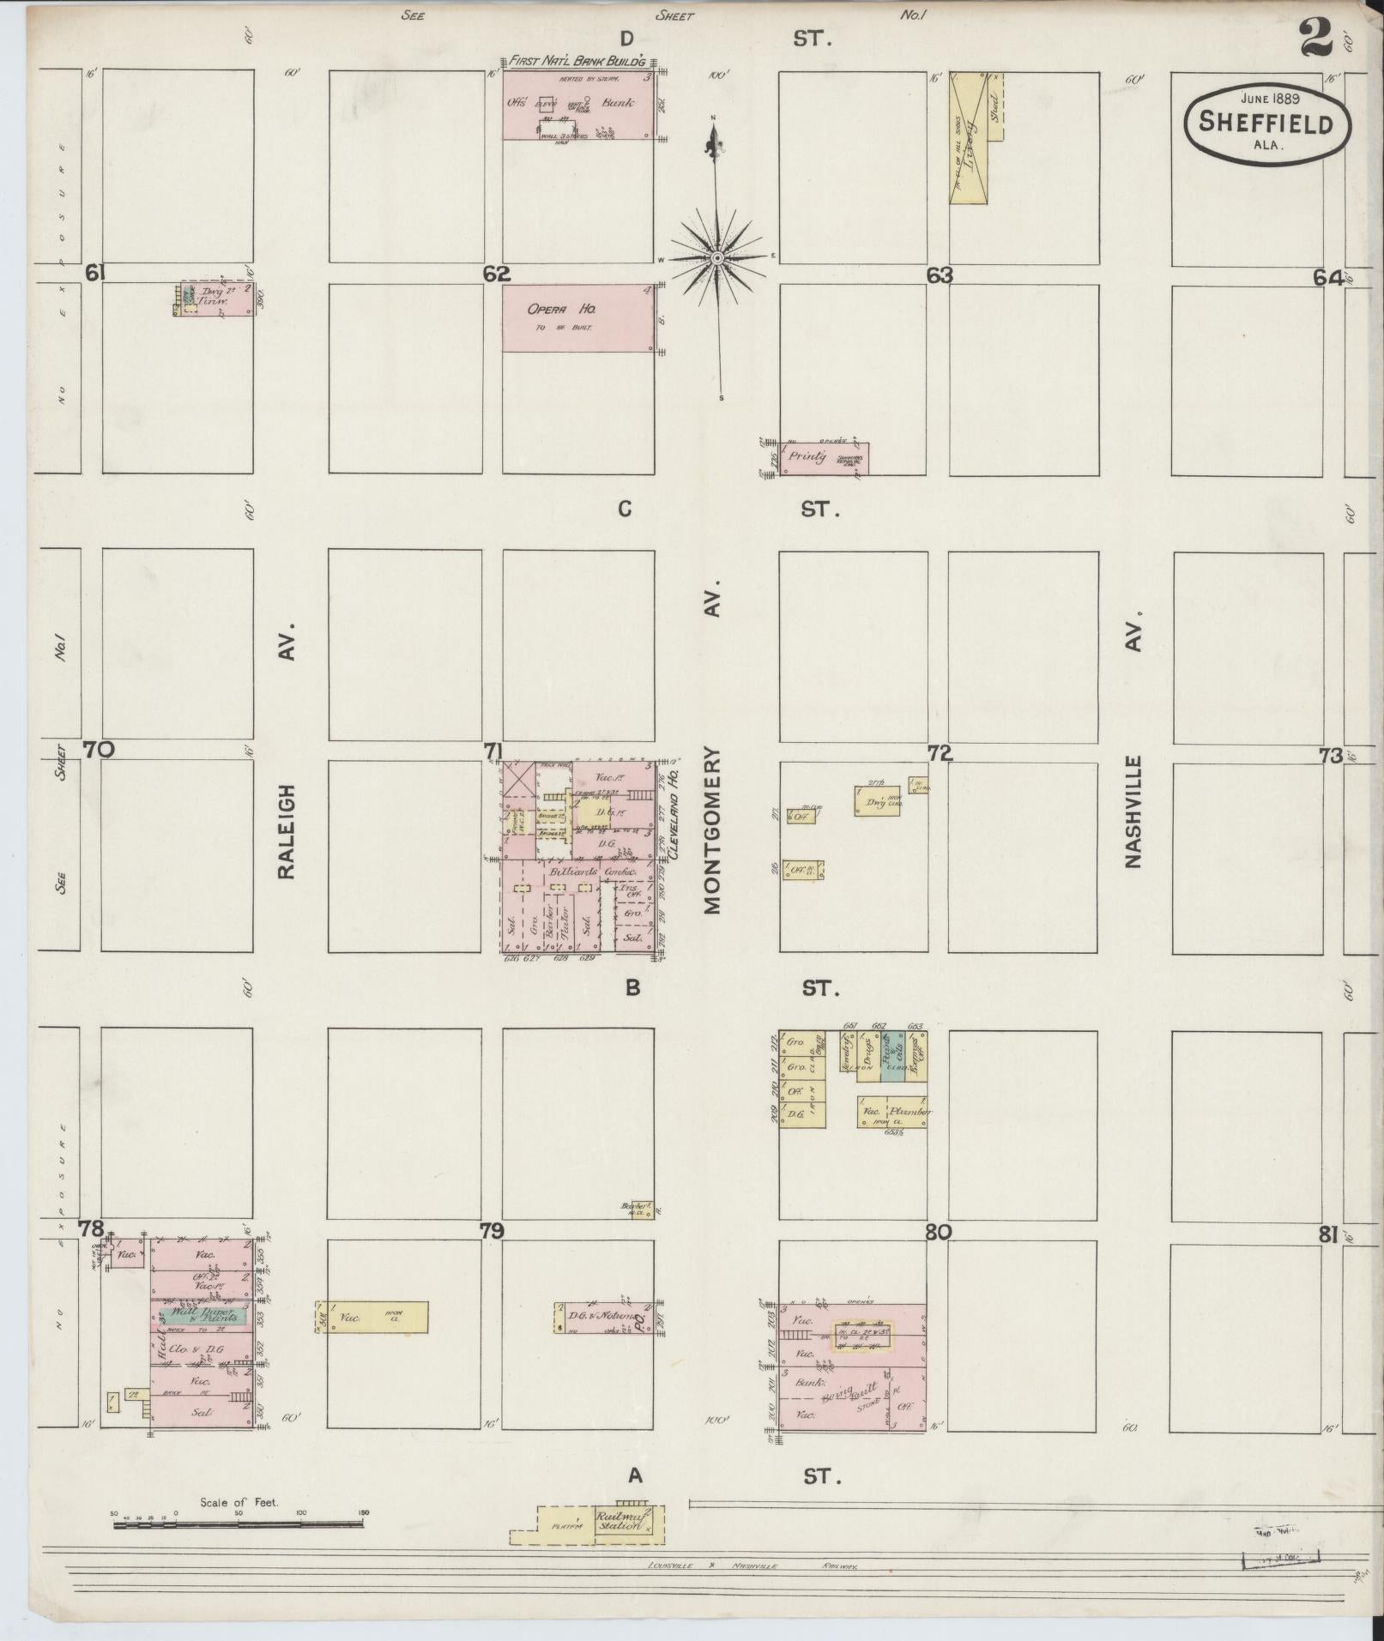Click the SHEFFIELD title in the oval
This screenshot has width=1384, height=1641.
click(1266, 123)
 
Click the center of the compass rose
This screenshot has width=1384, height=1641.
click(717, 257)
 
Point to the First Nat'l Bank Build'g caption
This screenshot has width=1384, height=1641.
click(581, 62)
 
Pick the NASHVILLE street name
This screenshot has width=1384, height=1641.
click(1134, 811)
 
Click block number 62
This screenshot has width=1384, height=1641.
click(496, 275)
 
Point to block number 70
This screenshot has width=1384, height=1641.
click(99, 750)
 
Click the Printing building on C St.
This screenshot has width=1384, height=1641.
click(823, 458)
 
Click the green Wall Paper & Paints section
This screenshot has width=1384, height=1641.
click(205, 1314)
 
